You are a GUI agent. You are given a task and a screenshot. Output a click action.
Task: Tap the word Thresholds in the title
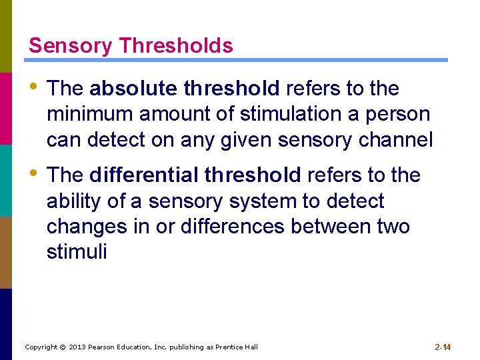[x=176, y=45]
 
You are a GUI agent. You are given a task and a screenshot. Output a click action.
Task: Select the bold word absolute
[x=133, y=88]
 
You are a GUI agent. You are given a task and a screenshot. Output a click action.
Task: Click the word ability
[x=71, y=201]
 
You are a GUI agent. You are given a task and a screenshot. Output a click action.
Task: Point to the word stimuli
[x=77, y=253]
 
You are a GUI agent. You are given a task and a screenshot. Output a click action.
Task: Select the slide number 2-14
[x=443, y=347]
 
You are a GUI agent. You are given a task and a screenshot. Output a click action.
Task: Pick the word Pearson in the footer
[x=109, y=347]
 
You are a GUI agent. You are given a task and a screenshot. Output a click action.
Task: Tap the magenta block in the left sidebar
[x=6, y=108]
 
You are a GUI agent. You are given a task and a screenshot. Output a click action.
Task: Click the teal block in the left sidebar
[x=6, y=180]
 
